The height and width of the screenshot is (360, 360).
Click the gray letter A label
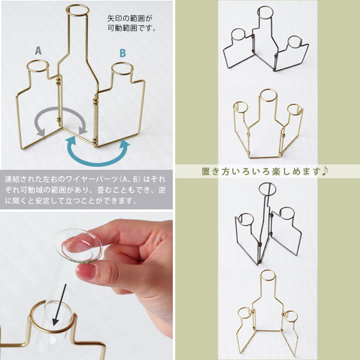pos(38,51)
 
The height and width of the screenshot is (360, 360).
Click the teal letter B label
pos(123,53)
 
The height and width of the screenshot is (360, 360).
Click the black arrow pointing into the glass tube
pos(59,305)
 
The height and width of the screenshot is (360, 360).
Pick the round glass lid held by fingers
pos(79,245)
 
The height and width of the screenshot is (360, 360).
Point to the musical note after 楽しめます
pos(325,171)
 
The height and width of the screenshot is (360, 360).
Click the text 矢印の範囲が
pos(130,19)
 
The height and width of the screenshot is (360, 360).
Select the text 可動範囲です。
pos(131,28)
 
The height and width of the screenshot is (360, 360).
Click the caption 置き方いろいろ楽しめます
pos(261,171)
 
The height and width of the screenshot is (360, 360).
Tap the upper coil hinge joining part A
pos(59,80)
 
